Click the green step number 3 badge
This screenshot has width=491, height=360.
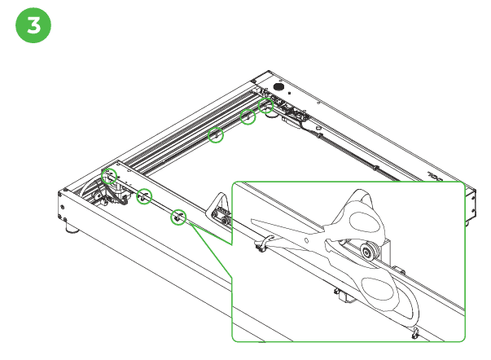[x=33, y=25]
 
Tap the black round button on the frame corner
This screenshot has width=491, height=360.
[x=278, y=86]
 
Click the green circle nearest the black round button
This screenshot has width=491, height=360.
[x=265, y=106]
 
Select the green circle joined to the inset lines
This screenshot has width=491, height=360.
[x=178, y=217]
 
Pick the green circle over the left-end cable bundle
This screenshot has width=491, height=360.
[x=109, y=176]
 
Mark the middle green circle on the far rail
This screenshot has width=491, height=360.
[x=248, y=116]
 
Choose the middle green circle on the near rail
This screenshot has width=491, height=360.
[x=144, y=196]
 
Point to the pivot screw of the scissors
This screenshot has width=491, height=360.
[x=306, y=240]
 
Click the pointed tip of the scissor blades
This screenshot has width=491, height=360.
[x=252, y=221]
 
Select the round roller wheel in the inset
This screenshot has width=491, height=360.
[x=366, y=251]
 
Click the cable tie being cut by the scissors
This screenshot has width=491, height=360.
[x=265, y=244]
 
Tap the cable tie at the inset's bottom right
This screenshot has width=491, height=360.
[x=415, y=333]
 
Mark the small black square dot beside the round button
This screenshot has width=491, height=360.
[x=289, y=93]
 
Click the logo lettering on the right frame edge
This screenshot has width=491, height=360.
[x=436, y=177]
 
